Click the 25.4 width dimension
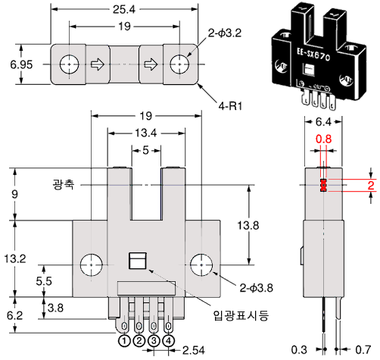(124, 9)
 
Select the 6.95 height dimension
(21, 64)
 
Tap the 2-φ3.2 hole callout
(225, 33)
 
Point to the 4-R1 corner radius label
(230, 106)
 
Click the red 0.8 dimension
(323, 139)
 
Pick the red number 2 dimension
(371, 186)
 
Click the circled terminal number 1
(124, 341)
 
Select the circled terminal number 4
(169, 341)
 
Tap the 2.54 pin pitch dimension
(194, 350)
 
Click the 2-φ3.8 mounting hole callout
(256, 288)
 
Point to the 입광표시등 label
(241, 315)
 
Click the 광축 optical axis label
(64, 184)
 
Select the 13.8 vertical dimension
(248, 225)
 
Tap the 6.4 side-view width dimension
(323, 122)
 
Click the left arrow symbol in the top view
(98, 64)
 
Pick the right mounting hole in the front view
(201, 265)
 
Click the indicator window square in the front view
(138, 261)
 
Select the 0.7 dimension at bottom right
(363, 349)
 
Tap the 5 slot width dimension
(145, 150)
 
